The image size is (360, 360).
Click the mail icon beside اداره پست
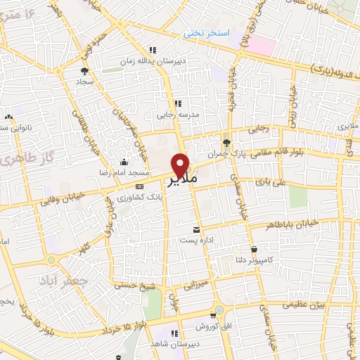196,230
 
